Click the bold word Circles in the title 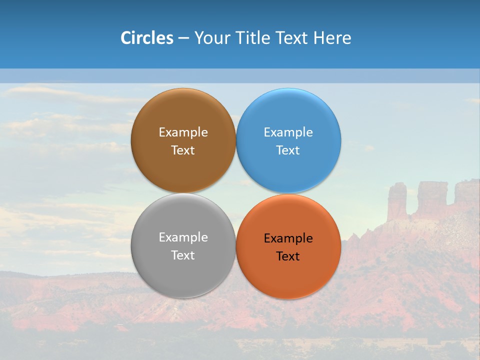pos(146,38)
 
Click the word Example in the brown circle pos(183,132)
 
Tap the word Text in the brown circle pos(183,150)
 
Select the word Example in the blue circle pos(288,132)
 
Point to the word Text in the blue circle pos(288,150)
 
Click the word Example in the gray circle pos(183,237)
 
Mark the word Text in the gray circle pos(183,255)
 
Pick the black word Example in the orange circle pos(288,238)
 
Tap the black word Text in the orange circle pos(288,256)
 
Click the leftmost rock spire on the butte pos(397,200)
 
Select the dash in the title pos(183,38)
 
